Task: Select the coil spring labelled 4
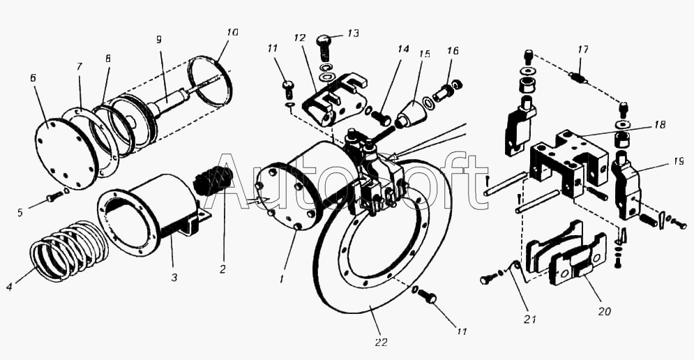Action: (x=70, y=248)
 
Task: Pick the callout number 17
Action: (x=583, y=50)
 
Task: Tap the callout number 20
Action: (x=604, y=311)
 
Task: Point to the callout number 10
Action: (x=232, y=33)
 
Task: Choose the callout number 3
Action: (x=174, y=277)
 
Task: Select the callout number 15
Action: (x=424, y=54)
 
